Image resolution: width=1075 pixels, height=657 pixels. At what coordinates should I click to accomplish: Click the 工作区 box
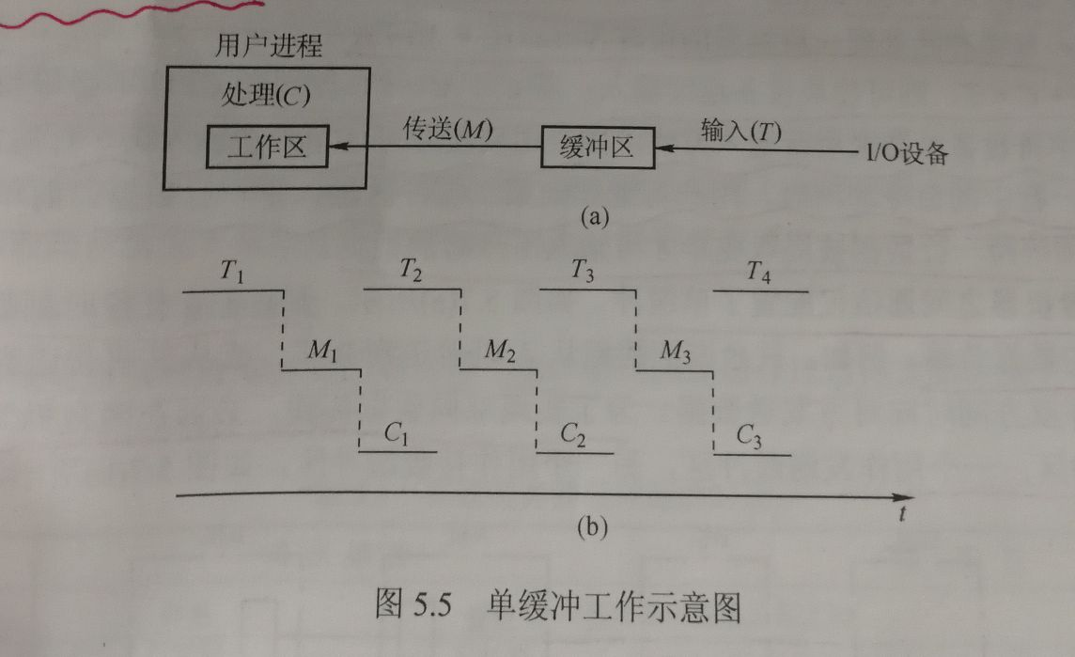click(x=267, y=149)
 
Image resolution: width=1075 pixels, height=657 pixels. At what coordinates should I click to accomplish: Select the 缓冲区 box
click(x=598, y=148)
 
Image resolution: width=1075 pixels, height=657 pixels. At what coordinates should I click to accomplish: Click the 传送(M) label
click(x=447, y=130)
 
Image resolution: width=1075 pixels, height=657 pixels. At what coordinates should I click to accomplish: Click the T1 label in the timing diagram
click(x=232, y=273)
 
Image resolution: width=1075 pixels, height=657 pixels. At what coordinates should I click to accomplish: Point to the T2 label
click(x=411, y=272)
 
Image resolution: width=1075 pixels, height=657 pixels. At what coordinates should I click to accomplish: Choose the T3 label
click(x=583, y=272)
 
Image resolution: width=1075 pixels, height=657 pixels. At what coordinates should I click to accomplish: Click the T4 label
click(x=758, y=273)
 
